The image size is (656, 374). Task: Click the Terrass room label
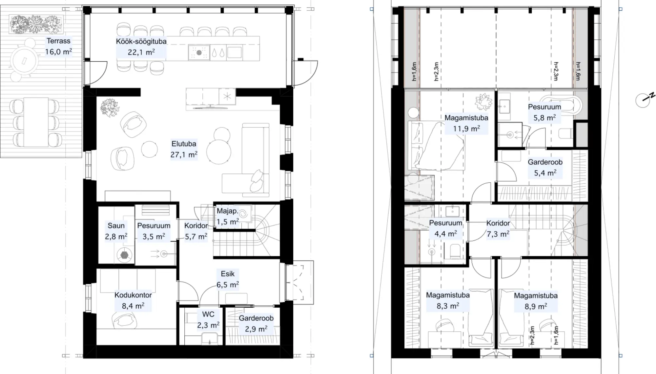[x=58, y=41]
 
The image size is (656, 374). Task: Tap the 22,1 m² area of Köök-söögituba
[x=141, y=52]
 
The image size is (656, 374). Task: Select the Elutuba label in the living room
[x=184, y=144]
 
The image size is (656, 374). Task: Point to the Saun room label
[x=116, y=225]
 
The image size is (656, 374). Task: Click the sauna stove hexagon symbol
[x=125, y=255]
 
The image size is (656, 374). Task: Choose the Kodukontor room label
[x=133, y=295]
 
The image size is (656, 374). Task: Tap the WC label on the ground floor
[x=208, y=314]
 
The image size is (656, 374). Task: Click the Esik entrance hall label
[x=228, y=274]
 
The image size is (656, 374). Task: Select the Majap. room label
[x=228, y=211]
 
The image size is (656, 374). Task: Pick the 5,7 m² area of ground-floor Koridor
[x=196, y=237]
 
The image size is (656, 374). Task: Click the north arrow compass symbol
[x=644, y=100]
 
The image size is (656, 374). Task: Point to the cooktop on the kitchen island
[x=199, y=52]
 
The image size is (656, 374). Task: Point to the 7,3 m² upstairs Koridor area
[x=498, y=234]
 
